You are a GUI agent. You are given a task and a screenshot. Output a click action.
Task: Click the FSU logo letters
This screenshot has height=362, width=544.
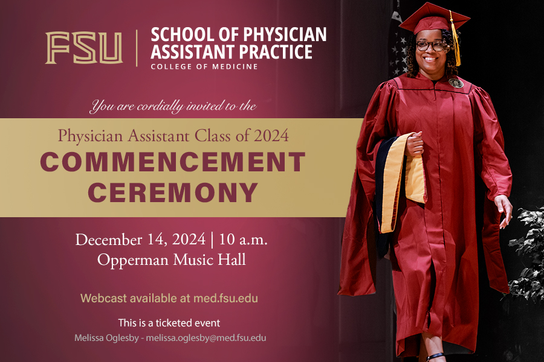coord(83,48)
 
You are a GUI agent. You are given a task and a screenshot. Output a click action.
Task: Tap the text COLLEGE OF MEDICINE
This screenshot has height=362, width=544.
coord(204,66)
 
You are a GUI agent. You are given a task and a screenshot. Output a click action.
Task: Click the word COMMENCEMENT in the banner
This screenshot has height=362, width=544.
coord(173,162)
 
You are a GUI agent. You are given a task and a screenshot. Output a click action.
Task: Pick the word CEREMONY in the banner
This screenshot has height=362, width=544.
coord(173,192)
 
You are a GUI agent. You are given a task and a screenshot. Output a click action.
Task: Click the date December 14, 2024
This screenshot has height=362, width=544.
coord(140,240)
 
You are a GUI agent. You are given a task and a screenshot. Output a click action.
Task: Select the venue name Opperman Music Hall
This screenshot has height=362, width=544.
coord(172,261)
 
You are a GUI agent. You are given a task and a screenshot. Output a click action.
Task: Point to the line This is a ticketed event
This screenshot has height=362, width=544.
coord(169,323)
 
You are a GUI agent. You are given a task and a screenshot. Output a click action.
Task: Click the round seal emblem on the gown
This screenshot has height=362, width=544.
coord(455,83)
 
